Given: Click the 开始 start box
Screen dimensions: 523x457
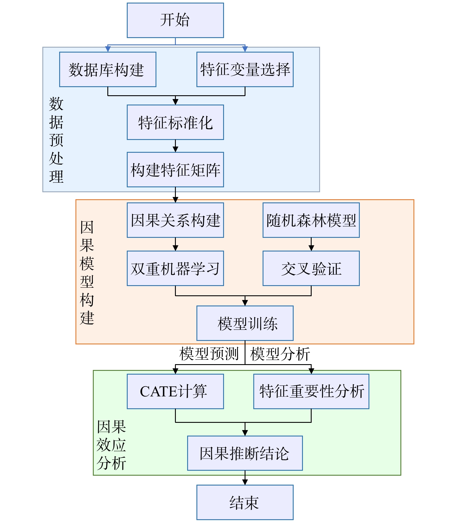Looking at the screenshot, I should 175,20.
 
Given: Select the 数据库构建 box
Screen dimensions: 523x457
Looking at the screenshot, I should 108,69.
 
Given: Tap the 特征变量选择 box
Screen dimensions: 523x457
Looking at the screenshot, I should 245,69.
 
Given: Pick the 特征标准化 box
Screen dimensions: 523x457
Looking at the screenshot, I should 175,122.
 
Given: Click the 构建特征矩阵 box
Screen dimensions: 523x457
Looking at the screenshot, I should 175,170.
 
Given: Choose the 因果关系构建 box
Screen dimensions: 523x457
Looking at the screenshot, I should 175,220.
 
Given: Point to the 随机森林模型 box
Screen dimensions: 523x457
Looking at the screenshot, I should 311,220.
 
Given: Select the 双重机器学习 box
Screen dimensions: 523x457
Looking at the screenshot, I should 175,268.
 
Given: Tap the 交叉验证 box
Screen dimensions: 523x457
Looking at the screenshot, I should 311,268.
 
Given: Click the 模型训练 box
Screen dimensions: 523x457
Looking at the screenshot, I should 245,323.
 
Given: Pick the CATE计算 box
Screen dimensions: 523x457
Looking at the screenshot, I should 175,391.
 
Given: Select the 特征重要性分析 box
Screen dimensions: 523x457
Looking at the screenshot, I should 311,391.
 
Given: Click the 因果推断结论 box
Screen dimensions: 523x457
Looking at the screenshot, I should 245,453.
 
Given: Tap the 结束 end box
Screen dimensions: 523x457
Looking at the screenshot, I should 245,502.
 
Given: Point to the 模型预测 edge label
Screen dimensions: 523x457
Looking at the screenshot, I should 209,354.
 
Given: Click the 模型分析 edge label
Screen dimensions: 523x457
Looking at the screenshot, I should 280,354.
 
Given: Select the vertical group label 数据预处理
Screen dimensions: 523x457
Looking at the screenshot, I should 56,140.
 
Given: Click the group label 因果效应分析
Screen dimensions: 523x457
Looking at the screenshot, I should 111,445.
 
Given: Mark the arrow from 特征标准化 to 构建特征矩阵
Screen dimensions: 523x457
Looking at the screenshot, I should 175,146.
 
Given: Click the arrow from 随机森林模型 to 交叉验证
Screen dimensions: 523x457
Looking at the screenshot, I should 311,244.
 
